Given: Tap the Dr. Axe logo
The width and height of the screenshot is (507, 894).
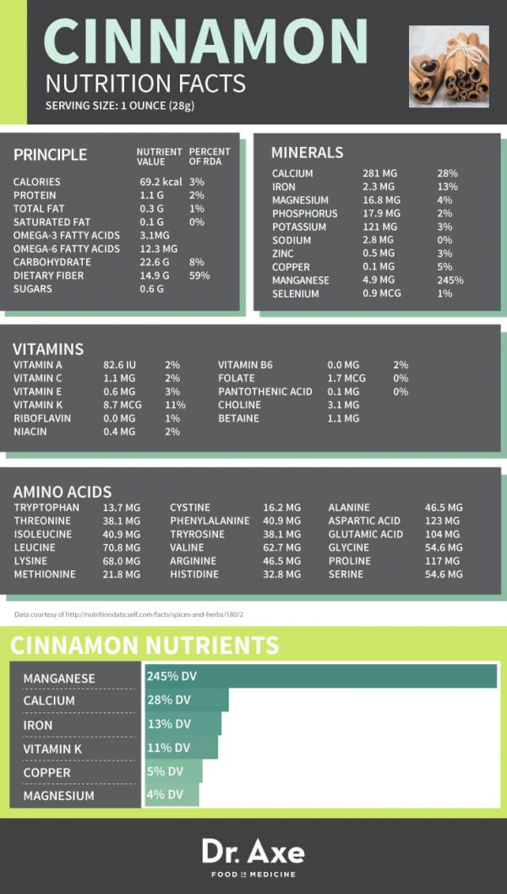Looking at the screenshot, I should pyautogui.click(x=253, y=852).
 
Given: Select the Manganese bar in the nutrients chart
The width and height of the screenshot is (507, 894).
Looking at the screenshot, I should pyautogui.click(x=320, y=677).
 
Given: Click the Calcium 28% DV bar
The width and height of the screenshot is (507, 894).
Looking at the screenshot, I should pyautogui.click(x=186, y=700).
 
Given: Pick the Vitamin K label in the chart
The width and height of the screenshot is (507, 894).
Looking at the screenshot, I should pyautogui.click(x=52, y=748).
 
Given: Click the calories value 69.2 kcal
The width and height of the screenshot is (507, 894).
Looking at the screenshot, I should pyautogui.click(x=161, y=182).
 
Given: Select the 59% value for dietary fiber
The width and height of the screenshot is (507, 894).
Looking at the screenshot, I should pyautogui.click(x=199, y=275).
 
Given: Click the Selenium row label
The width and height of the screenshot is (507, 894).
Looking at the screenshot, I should pyautogui.click(x=296, y=294).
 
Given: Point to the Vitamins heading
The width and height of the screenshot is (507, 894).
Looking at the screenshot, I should pyautogui.click(x=47, y=349).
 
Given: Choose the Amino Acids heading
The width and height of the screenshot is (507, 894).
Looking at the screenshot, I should pyautogui.click(x=62, y=492).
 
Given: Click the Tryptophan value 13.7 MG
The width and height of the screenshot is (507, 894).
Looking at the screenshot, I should pyautogui.click(x=122, y=508).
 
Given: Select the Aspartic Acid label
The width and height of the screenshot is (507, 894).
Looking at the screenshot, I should pyautogui.click(x=364, y=521).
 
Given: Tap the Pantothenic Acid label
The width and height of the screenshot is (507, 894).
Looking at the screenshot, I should pyautogui.click(x=264, y=391).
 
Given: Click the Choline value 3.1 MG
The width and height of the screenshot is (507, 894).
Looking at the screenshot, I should pyautogui.click(x=342, y=405).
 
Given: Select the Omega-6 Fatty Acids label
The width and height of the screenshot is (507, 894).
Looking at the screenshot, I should pyautogui.click(x=67, y=248).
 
